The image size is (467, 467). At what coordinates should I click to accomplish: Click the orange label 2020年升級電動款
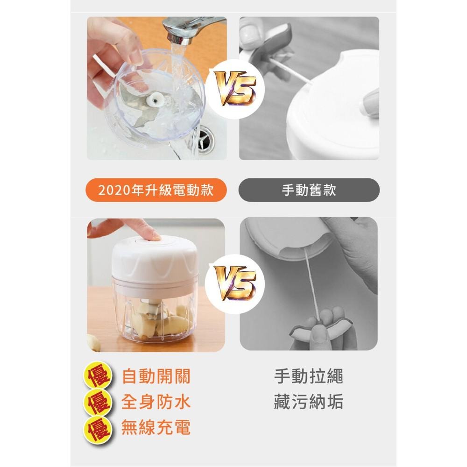pyautogui.click(x=156, y=190)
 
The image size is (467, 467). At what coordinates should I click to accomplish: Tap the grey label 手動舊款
pyautogui.click(x=309, y=190)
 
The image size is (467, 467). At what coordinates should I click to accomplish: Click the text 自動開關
pyautogui.click(x=156, y=376)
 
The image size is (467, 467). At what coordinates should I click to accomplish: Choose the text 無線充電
pyautogui.click(x=156, y=427)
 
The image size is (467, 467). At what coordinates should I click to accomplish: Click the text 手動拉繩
pyautogui.click(x=309, y=376)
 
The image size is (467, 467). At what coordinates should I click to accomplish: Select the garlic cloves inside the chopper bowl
pyautogui.click(x=159, y=320)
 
